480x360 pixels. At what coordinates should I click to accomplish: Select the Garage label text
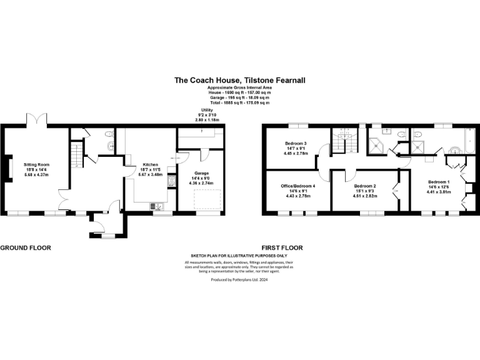pos(200,172)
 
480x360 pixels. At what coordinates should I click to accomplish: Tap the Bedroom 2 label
pos(364,186)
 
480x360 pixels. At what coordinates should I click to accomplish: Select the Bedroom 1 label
pos(437,181)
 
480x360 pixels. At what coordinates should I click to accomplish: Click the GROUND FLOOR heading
pos(25,248)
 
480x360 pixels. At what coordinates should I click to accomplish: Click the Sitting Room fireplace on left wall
pos(7,169)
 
